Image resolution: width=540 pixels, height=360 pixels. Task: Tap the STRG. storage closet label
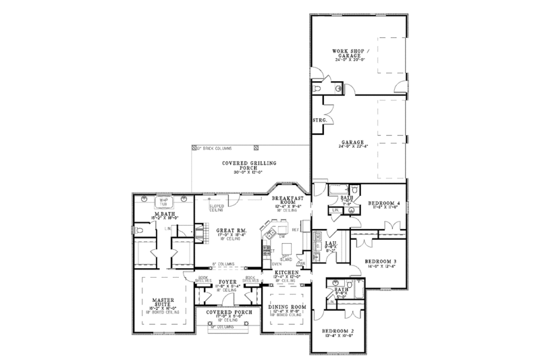point(319,120)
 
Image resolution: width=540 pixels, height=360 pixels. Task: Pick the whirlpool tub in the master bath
point(162,201)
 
